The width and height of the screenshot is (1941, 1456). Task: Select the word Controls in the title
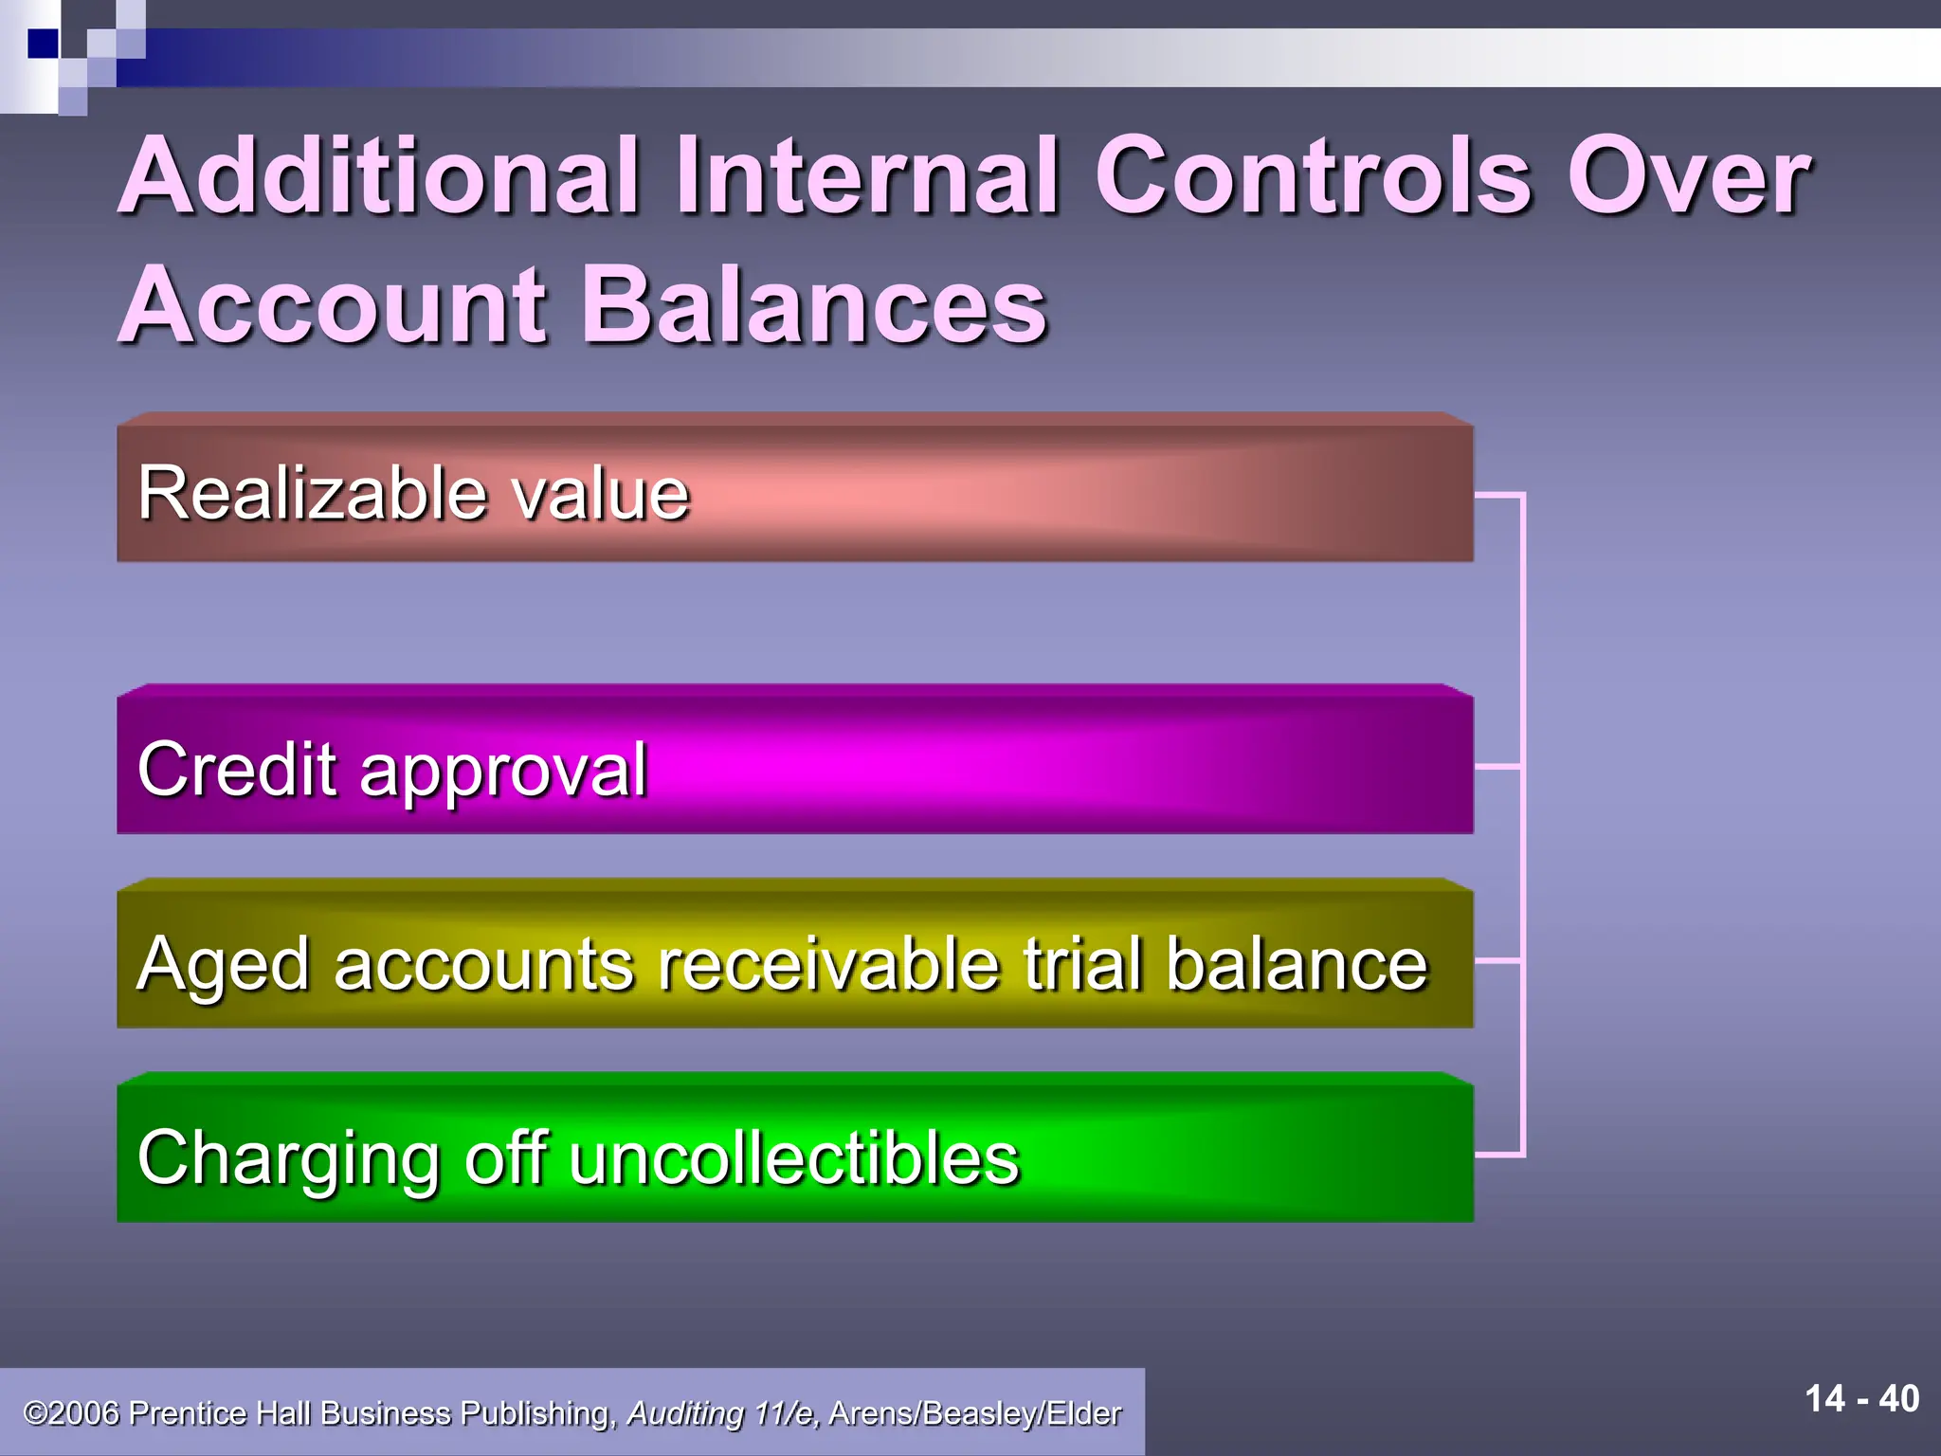[x=1312, y=176]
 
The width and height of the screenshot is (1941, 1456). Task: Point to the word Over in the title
[x=1687, y=176]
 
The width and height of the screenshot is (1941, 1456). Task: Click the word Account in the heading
[x=332, y=305]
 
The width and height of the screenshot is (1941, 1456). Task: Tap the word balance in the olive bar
[x=1296, y=964]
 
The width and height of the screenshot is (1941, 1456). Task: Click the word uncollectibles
[x=793, y=1157]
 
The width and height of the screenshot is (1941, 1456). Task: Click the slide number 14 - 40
[x=1861, y=1399]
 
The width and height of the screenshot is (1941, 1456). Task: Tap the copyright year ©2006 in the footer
[x=72, y=1413]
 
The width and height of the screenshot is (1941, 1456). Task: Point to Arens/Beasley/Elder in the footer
[x=974, y=1413]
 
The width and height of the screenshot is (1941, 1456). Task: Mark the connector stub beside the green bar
[x=1499, y=1155]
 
